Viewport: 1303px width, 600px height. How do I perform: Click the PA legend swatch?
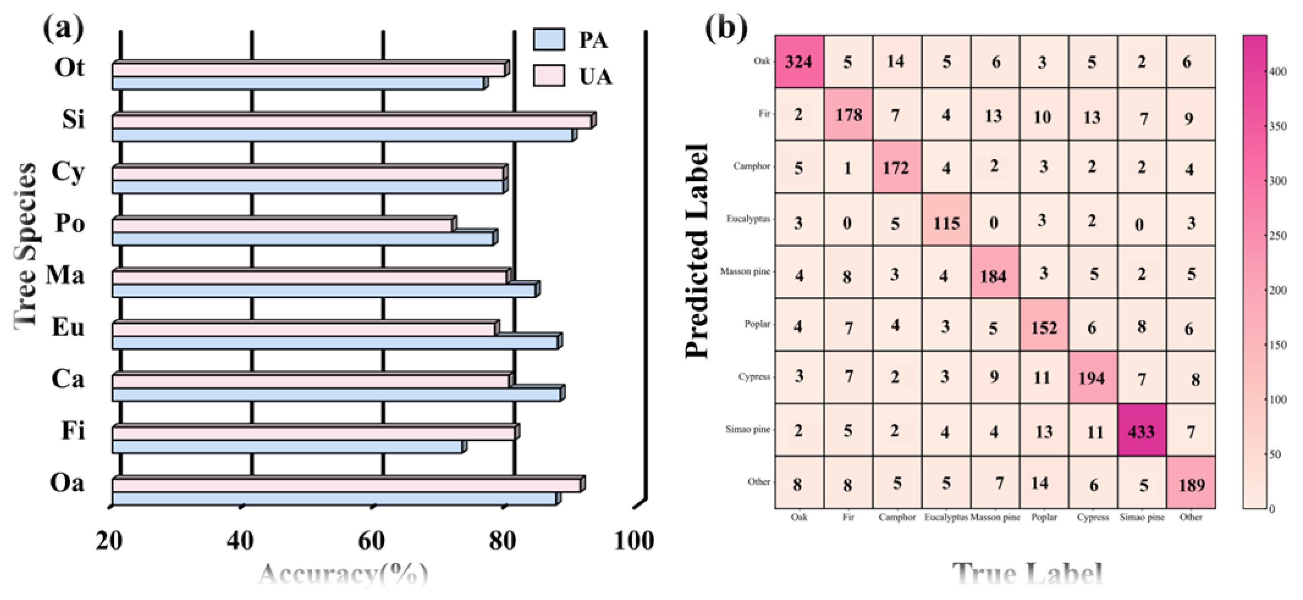(x=549, y=39)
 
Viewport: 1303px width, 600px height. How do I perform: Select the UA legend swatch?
(x=549, y=76)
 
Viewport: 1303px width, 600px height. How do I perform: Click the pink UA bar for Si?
(x=352, y=122)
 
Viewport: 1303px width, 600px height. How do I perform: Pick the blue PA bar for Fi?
(x=287, y=446)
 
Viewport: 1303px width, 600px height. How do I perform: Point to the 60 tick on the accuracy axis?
(x=372, y=541)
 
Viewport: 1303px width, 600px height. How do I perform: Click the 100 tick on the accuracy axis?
(x=634, y=541)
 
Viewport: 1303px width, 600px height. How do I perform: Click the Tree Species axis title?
(x=25, y=245)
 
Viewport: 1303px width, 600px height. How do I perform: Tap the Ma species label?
(x=65, y=275)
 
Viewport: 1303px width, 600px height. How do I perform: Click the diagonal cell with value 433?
(x=1141, y=430)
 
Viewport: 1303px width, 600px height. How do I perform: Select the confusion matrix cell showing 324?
(x=799, y=62)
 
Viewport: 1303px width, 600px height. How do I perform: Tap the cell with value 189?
(x=1191, y=483)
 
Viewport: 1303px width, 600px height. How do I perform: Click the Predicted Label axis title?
(x=697, y=251)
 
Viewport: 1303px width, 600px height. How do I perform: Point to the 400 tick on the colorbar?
(x=1278, y=72)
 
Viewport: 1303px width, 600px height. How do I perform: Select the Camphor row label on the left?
(x=752, y=166)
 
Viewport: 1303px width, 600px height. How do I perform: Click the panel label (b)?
(x=726, y=29)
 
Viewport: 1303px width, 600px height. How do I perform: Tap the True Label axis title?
(x=1027, y=574)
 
